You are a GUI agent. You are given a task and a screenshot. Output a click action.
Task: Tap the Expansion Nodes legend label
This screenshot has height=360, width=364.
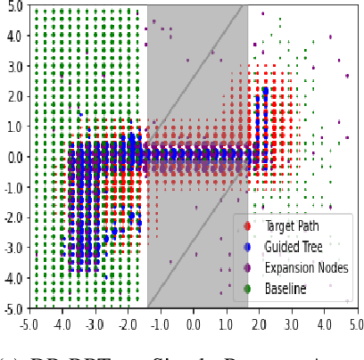coord(306,267)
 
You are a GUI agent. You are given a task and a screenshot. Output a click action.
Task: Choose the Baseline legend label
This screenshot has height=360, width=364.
coord(285,289)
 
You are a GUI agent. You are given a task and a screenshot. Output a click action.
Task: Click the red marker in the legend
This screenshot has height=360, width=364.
coord(246,225)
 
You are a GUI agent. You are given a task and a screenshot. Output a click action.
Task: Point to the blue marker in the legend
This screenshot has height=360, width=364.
coord(246,247)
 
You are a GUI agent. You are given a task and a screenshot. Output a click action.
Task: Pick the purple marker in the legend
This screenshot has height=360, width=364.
coord(246,268)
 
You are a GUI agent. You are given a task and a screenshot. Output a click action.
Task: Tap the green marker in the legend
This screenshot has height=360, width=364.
coord(246,289)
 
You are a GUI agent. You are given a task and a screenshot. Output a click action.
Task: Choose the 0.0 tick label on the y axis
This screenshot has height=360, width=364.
coord(12,157)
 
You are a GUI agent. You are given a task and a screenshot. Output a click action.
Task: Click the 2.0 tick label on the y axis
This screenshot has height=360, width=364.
coord(12,97)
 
